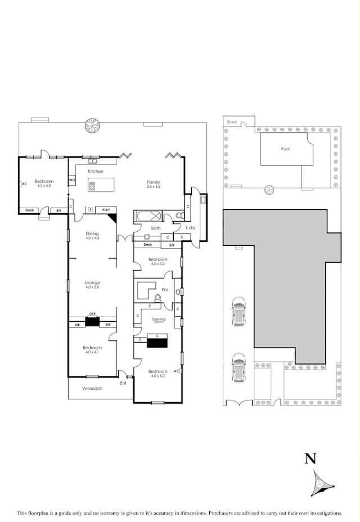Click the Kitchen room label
pyautogui.click(x=95, y=171)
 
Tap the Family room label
pyautogui.click(x=153, y=182)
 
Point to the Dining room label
pyautogui.click(x=92, y=233)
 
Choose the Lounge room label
pyautogui.click(x=92, y=282)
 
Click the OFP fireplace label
pyautogui.click(x=92, y=315)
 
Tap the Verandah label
pyautogui.click(x=92, y=388)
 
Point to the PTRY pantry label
pyautogui.click(x=106, y=210)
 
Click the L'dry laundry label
pyautogui.click(x=191, y=228)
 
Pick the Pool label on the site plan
pyautogui.click(x=285, y=149)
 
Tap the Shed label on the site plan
pyautogui.click(x=231, y=121)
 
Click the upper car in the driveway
pyautogui.click(x=238, y=311)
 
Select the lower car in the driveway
pyautogui.click(x=238, y=367)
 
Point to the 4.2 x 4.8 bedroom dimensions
pyautogui.click(x=44, y=186)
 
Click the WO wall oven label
pyautogui.click(x=72, y=180)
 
